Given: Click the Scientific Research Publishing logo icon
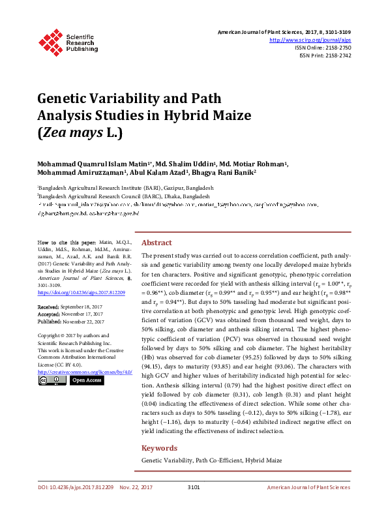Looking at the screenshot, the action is (50, 41).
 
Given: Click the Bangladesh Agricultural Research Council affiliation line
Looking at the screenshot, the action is (124, 195).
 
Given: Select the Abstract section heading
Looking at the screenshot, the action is (157, 241).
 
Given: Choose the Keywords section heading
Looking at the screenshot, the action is (159, 448).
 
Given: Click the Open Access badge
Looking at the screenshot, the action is (86, 380).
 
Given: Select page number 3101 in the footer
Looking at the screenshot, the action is (193, 505).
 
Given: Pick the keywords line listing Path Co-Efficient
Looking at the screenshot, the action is (212, 460).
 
